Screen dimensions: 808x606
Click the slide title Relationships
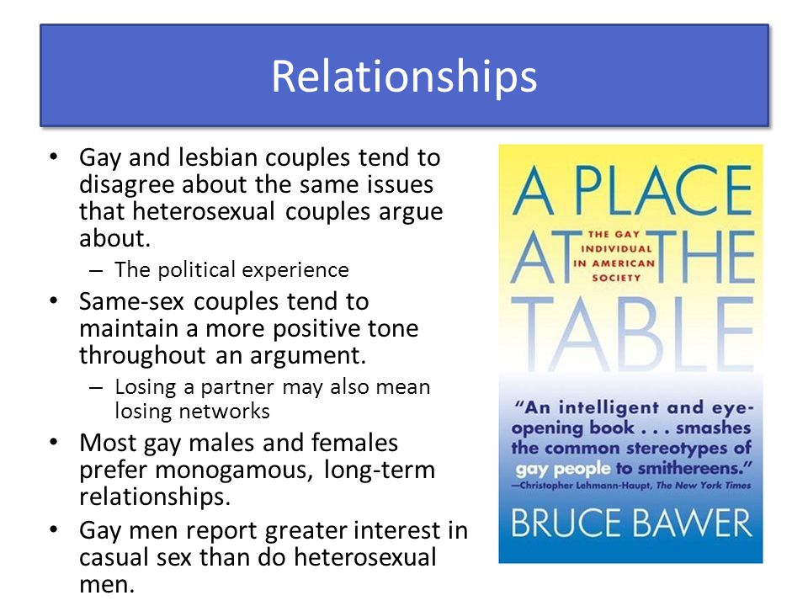click(404, 77)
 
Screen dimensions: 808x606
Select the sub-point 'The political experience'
click(231, 269)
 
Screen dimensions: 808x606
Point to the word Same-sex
click(131, 301)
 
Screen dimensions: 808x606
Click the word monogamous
click(233, 470)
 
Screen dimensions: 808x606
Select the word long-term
click(380, 470)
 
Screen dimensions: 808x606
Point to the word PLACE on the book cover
click(663, 190)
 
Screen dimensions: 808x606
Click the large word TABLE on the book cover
click(632, 334)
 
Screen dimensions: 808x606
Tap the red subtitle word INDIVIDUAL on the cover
click(616, 249)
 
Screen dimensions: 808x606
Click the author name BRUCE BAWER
click(631, 523)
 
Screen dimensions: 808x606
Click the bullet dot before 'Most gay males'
click(54, 443)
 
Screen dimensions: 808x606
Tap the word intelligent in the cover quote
click(609, 408)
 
